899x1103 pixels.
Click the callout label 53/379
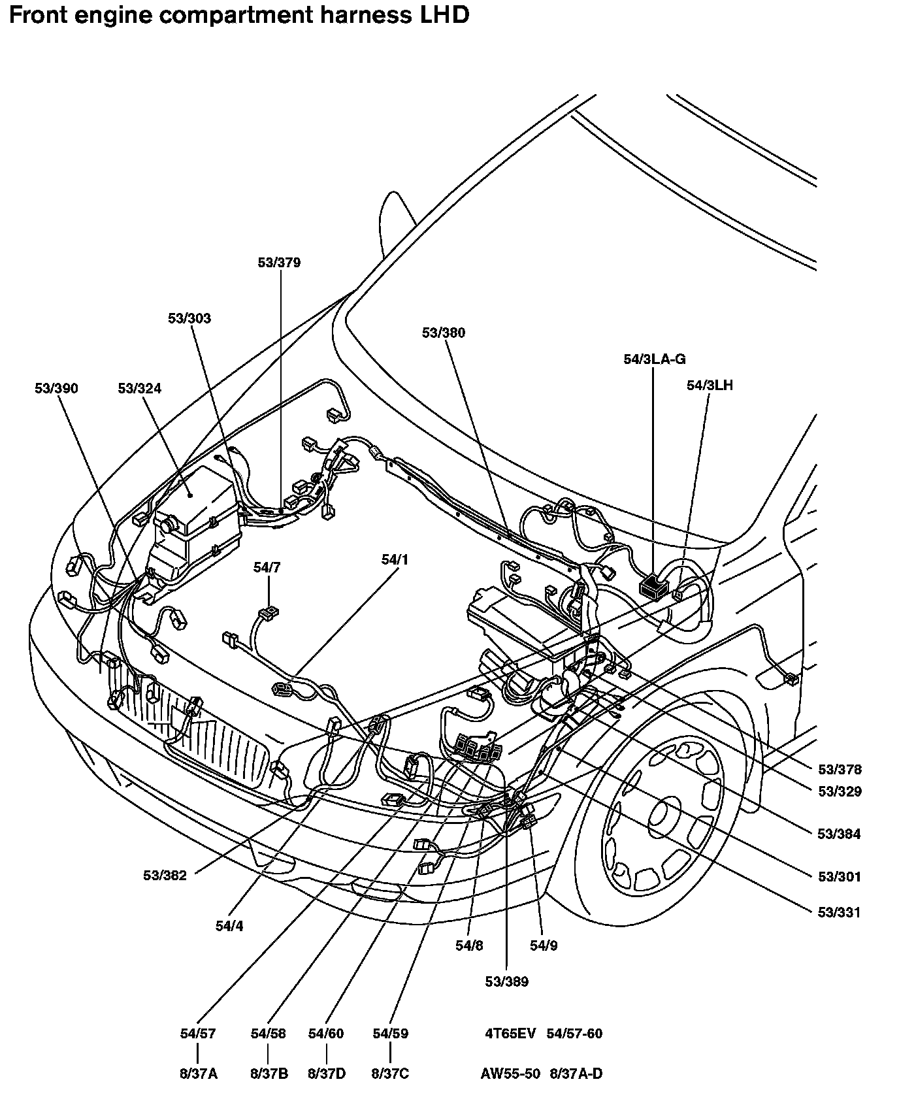tap(279, 263)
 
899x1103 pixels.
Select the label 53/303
tap(189, 318)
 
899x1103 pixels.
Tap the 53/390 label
tap(56, 389)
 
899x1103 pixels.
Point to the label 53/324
tap(140, 389)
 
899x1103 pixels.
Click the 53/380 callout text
tap(444, 333)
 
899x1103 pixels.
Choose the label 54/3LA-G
tap(655, 359)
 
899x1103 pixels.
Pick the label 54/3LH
tap(710, 386)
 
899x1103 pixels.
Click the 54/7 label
tap(267, 568)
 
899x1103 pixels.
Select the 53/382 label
tap(165, 876)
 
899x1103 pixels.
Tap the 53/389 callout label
tap(507, 981)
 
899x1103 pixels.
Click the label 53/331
tap(840, 913)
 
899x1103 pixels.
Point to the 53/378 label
tap(840, 770)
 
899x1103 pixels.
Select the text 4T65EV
tap(510, 1033)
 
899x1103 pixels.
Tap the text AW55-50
tap(510, 1074)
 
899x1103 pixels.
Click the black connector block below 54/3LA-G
tap(653, 586)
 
